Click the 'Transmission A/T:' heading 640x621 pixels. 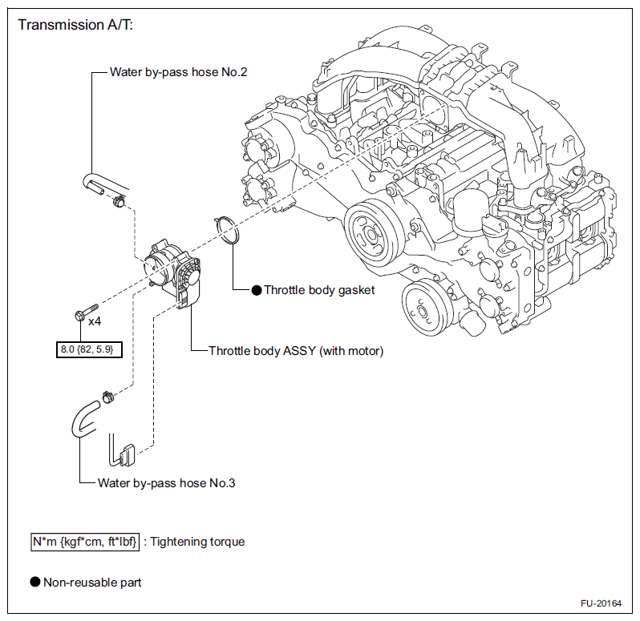(x=75, y=25)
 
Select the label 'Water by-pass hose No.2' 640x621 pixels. (x=178, y=72)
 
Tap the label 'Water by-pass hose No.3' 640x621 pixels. (x=167, y=483)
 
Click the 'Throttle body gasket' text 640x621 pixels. (x=319, y=290)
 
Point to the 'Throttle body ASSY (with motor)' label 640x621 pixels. (x=296, y=351)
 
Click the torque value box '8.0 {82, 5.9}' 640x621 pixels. (x=89, y=349)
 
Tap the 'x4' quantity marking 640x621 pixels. (x=95, y=321)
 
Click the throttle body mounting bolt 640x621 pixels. (x=87, y=312)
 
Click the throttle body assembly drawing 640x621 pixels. (x=173, y=273)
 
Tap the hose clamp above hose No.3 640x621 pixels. (x=107, y=397)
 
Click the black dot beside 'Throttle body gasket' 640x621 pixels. (x=257, y=290)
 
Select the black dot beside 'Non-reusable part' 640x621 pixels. (x=35, y=582)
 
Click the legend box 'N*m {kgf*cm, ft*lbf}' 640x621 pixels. (x=85, y=542)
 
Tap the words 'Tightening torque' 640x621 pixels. (x=197, y=542)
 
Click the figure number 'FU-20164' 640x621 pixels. (x=601, y=603)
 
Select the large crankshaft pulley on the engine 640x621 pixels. (x=371, y=234)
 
